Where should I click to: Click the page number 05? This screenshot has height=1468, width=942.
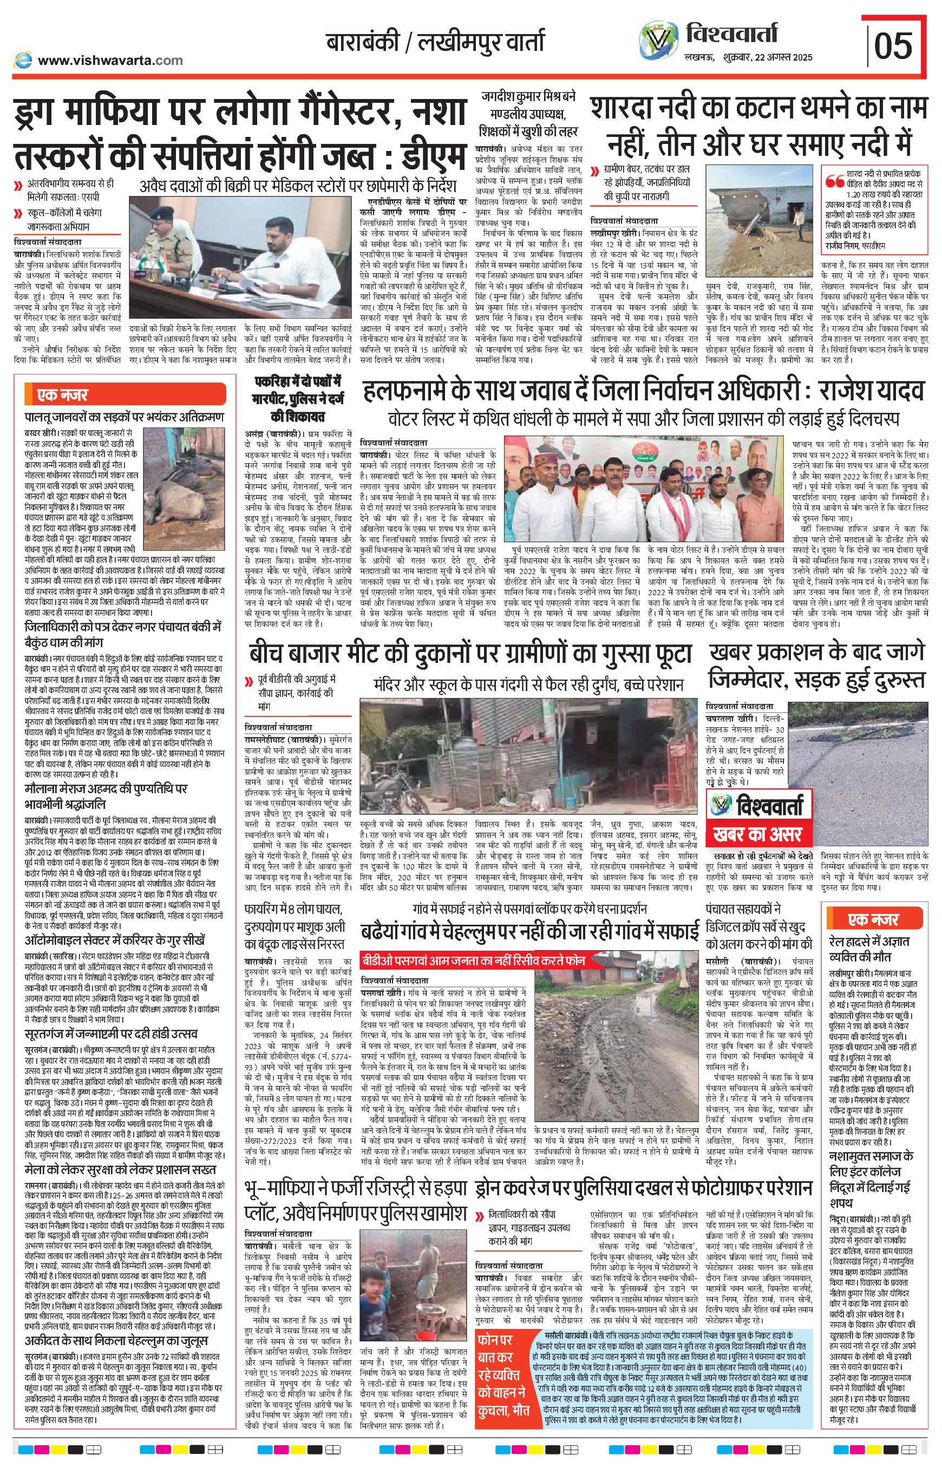click(x=893, y=47)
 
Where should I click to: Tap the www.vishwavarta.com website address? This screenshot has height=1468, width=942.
click(x=110, y=60)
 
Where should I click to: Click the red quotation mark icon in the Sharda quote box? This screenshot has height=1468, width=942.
click(x=833, y=181)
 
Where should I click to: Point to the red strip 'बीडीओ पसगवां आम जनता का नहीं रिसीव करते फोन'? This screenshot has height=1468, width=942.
click(x=473, y=960)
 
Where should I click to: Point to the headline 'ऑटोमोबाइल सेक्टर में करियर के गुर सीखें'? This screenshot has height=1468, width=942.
click(x=115, y=940)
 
